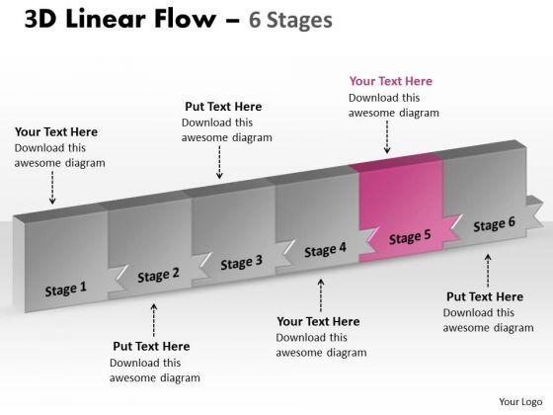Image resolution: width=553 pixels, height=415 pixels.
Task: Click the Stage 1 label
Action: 65,289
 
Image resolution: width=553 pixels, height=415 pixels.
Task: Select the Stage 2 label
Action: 158,275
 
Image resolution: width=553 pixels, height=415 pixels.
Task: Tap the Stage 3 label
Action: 242,262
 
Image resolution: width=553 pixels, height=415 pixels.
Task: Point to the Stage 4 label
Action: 325,250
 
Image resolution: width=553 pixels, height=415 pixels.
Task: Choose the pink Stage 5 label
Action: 410,236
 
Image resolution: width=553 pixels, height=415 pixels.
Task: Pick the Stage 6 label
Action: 494,224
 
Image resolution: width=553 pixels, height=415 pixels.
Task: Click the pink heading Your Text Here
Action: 391,81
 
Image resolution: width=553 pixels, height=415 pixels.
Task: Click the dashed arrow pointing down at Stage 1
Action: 52,188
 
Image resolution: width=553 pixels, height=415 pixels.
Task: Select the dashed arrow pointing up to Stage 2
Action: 154,320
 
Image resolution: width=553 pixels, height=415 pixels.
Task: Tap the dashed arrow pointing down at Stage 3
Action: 219,162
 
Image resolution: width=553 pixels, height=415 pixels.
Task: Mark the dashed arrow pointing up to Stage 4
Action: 321,295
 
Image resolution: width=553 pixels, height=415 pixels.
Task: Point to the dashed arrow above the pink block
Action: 387,137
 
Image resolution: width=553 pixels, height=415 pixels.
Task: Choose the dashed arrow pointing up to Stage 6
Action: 488,271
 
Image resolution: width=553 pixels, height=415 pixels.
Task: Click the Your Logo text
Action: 520,402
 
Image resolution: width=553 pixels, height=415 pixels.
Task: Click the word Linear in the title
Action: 105,19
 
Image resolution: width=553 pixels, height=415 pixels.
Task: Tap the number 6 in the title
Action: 255,20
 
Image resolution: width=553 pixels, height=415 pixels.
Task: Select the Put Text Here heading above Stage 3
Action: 223,107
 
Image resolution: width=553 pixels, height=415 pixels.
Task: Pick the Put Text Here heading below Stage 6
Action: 485,296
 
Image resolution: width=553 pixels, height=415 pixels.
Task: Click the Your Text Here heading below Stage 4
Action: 318,321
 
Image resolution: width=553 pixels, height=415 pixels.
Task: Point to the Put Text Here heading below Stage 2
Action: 151,346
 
